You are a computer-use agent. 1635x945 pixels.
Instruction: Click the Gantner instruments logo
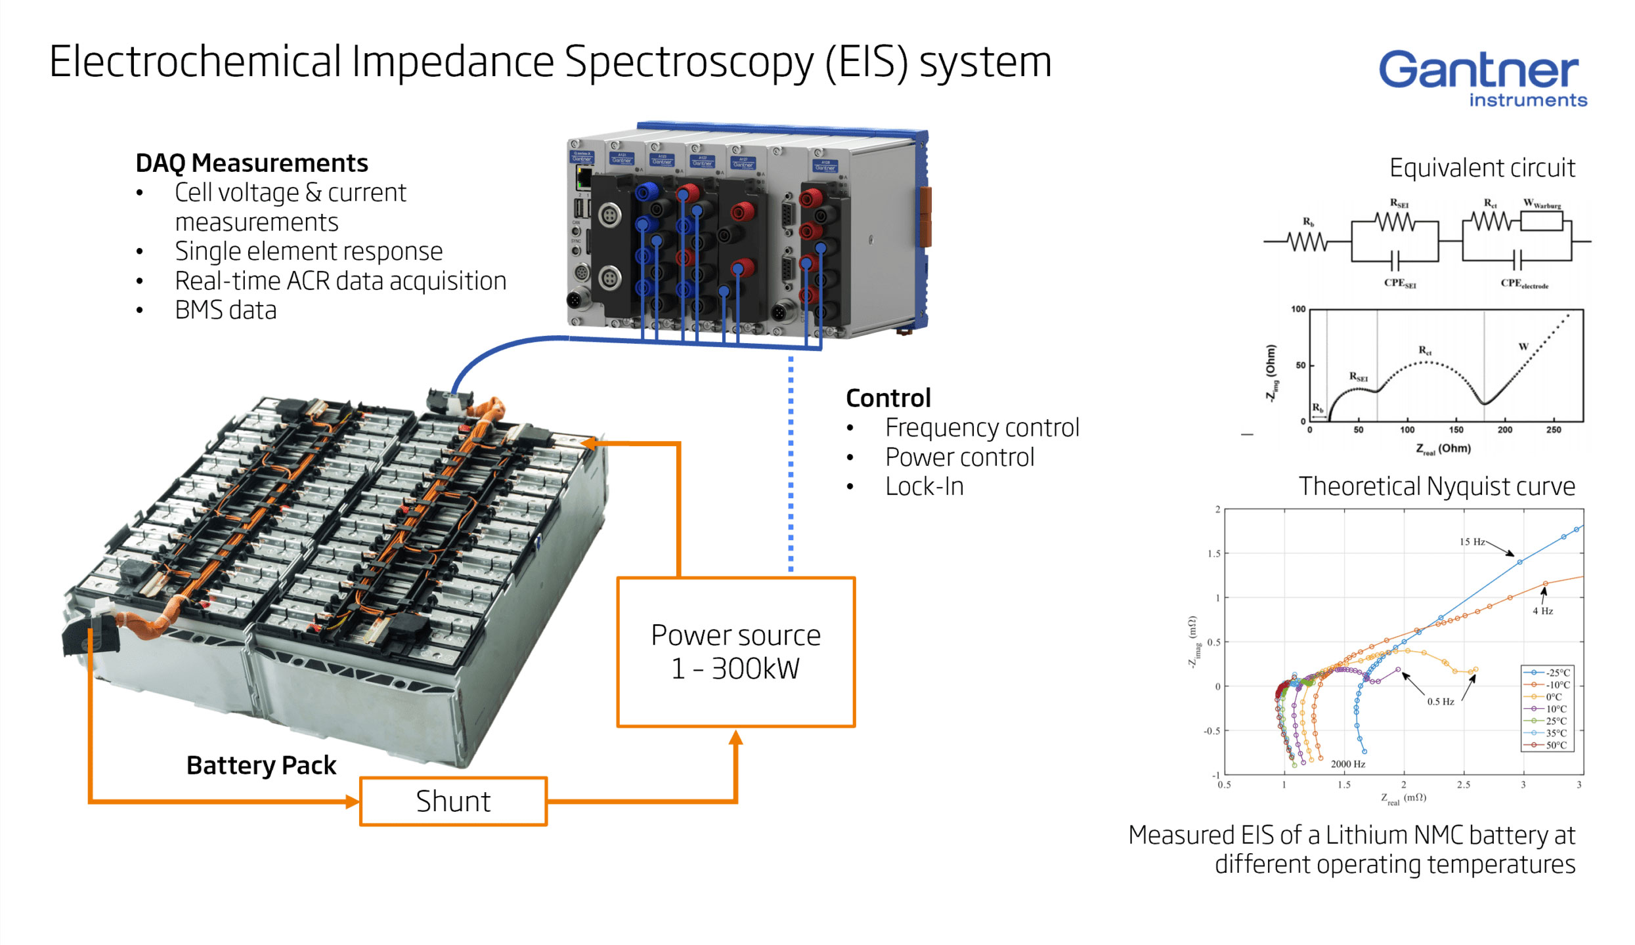1482,78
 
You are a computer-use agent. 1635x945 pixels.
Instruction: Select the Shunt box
453,801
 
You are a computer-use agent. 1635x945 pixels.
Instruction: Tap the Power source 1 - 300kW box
735,652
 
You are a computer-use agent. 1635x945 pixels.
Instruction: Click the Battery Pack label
261,765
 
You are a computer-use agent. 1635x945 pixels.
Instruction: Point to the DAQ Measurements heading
251,163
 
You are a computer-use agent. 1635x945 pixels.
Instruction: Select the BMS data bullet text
225,310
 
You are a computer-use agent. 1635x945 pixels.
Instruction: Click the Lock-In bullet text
924,486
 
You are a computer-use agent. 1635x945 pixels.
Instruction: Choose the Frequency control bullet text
982,428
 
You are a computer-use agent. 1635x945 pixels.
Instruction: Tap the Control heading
888,398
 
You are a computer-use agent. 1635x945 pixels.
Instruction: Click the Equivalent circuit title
1482,168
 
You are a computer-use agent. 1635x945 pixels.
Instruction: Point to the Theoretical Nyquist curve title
1437,486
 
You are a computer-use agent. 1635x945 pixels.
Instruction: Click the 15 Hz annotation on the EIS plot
1471,542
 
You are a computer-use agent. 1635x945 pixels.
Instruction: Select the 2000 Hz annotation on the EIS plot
1347,764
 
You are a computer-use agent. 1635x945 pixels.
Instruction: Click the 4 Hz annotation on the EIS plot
1542,611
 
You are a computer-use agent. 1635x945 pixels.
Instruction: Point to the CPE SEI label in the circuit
1400,283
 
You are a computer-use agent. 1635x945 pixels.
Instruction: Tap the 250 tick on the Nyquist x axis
1553,430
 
